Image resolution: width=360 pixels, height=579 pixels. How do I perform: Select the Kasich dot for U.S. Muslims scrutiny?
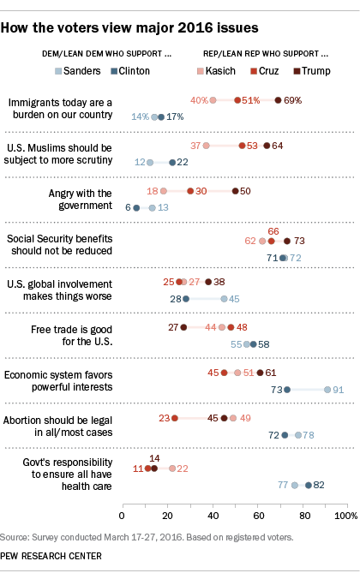click(207, 146)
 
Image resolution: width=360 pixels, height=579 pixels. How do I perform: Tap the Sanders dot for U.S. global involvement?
click(225, 299)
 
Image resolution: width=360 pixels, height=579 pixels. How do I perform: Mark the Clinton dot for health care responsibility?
click(309, 485)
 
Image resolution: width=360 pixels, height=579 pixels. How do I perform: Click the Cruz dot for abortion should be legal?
click(175, 418)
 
